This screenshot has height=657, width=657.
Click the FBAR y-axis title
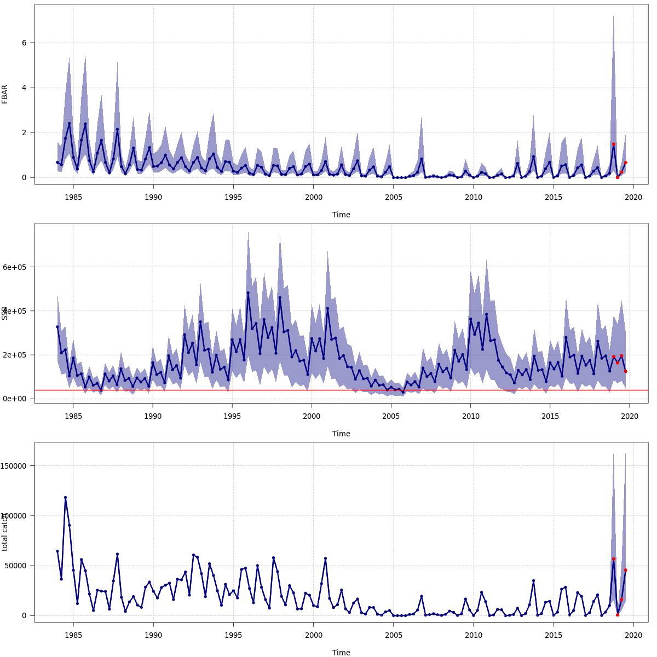[5, 94]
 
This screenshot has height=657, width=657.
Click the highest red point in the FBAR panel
[614, 144]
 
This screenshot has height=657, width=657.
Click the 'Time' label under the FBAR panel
[341, 215]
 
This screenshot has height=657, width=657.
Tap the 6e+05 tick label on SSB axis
[18, 267]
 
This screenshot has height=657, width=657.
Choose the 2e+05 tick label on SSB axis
[18, 355]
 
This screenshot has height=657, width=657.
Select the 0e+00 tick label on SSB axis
[18, 399]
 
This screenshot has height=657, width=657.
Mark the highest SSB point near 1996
[248, 292]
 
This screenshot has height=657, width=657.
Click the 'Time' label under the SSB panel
[341, 434]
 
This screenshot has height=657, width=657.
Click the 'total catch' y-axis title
[5, 532]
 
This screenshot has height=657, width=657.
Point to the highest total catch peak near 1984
[65, 498]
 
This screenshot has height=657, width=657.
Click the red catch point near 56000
[614, 559]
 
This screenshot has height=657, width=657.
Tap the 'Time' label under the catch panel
[341, 653]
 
